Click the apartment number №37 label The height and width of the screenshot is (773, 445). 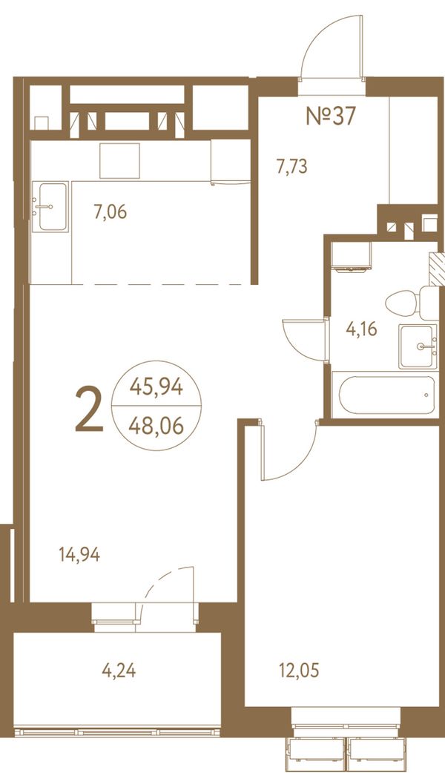coord(331,116)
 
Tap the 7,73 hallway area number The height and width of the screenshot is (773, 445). coord(291,167)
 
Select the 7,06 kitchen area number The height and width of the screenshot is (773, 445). coord(111,212)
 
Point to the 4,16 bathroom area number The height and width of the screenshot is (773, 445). coord(362,329)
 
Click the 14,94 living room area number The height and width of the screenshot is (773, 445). coord(79,555)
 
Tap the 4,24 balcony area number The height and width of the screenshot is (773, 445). coord(119,671)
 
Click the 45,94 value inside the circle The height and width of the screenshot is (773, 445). coord(156,387)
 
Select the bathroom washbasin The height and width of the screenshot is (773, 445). coord(418,346)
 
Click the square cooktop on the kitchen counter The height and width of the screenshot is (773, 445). coord(119,161)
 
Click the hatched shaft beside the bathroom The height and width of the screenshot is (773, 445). coord(437,269)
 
